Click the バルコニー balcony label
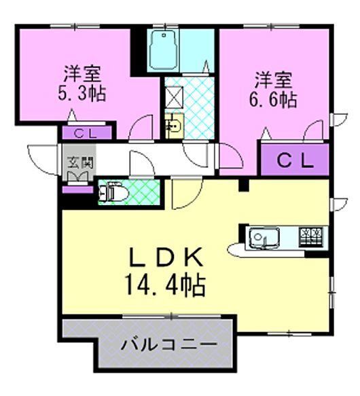(x=169, y=345)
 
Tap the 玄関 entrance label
(x=76, y=164)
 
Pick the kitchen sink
(x=262, y=238)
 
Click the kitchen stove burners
(x=312, y=236)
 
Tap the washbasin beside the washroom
(x=173, y=126)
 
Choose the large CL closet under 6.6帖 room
(x=294, y=161)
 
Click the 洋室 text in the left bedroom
(x=82, y=72)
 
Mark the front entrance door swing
(x=42, y=160)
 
